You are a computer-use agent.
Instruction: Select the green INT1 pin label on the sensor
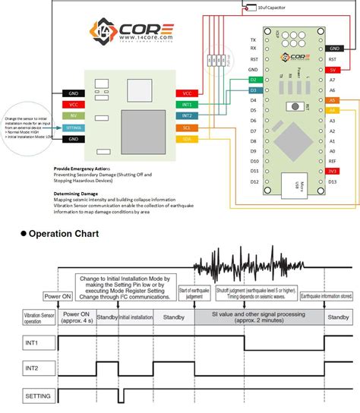click(187, 104)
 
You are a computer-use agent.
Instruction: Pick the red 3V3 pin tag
click(333, 172)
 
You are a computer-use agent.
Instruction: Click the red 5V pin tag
click(333, 69)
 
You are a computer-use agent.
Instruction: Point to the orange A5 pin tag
click(333, 99)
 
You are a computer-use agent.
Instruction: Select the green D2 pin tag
click(254, 80)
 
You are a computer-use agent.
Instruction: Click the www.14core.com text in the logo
click(145, 36)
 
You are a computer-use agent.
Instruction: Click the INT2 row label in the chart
click(31, 368)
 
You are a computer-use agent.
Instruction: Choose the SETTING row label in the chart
click(37, 395)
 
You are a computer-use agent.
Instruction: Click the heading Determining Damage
click(77, 194)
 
